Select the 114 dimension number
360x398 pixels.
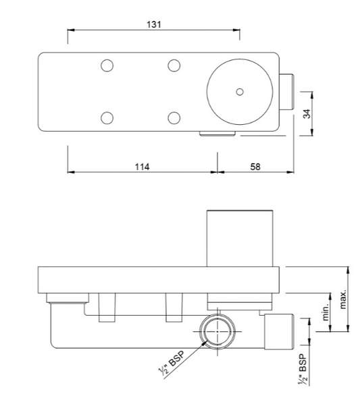[141, 167]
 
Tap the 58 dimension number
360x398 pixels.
[255, 167]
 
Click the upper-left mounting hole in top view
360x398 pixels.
[107, 65]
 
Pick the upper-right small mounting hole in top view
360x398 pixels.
[174, 65]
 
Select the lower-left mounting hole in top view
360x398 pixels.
[107, 118]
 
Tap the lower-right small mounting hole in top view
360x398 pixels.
[174, 118]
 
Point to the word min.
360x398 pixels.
[325, 312]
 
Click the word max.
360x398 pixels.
[342, 297]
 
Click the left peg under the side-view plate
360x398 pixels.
[107, 308]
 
